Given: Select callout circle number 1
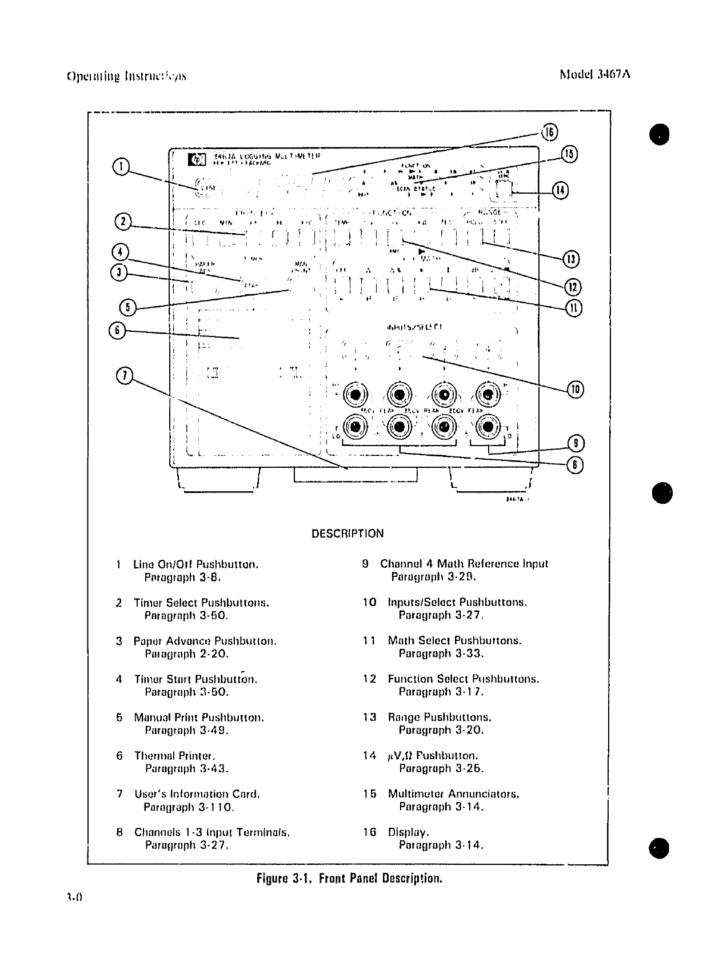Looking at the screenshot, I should click(121, 166).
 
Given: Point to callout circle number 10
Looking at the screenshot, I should click(574, 390).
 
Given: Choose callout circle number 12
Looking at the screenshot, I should click(573, 286).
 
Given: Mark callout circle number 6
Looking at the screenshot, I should click(117, 330).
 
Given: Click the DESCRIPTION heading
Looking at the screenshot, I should click(347, 534).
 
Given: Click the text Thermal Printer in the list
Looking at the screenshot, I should click(174, 756).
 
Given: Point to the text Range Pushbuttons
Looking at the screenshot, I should click(439, 717).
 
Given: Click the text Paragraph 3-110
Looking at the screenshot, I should click(189, 807).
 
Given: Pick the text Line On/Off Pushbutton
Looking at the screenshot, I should click(195, 564).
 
